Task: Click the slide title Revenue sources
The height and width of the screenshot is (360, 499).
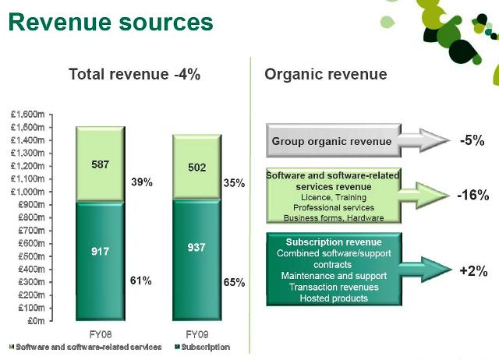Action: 111,22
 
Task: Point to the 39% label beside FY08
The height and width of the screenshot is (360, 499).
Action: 141,183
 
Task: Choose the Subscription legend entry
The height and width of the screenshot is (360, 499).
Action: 204,347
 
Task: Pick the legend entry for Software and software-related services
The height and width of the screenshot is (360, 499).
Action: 86,347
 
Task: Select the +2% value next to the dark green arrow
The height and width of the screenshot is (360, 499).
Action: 472,271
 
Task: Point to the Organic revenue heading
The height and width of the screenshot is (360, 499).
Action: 326,74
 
